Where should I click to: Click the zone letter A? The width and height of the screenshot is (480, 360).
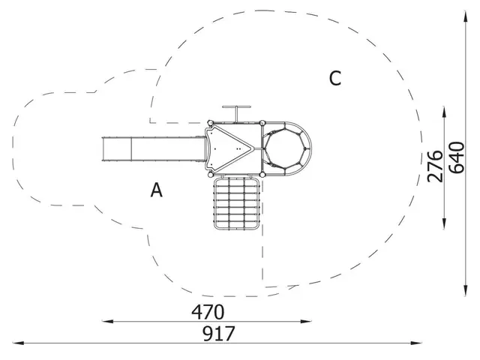tap(157, 190)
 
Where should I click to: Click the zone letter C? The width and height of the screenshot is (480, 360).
tap(335, 78)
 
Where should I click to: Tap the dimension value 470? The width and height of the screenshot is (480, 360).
tap(208, 312)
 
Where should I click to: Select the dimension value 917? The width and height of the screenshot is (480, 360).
tap(219, 333)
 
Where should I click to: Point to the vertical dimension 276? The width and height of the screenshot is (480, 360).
tap(435, 166)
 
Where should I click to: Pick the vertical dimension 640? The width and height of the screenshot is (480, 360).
tap(457, 157)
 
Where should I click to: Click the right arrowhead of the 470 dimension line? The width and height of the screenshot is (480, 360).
tap(306, 321)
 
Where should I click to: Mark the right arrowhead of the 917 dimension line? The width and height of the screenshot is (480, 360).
tap(416, 343)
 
